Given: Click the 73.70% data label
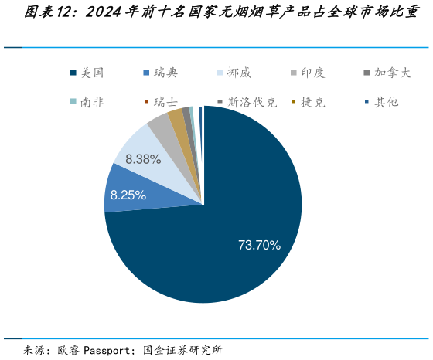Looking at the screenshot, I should point(259,245).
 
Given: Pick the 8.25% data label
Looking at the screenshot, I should point(128,195).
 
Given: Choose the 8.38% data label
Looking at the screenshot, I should point(143,159).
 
